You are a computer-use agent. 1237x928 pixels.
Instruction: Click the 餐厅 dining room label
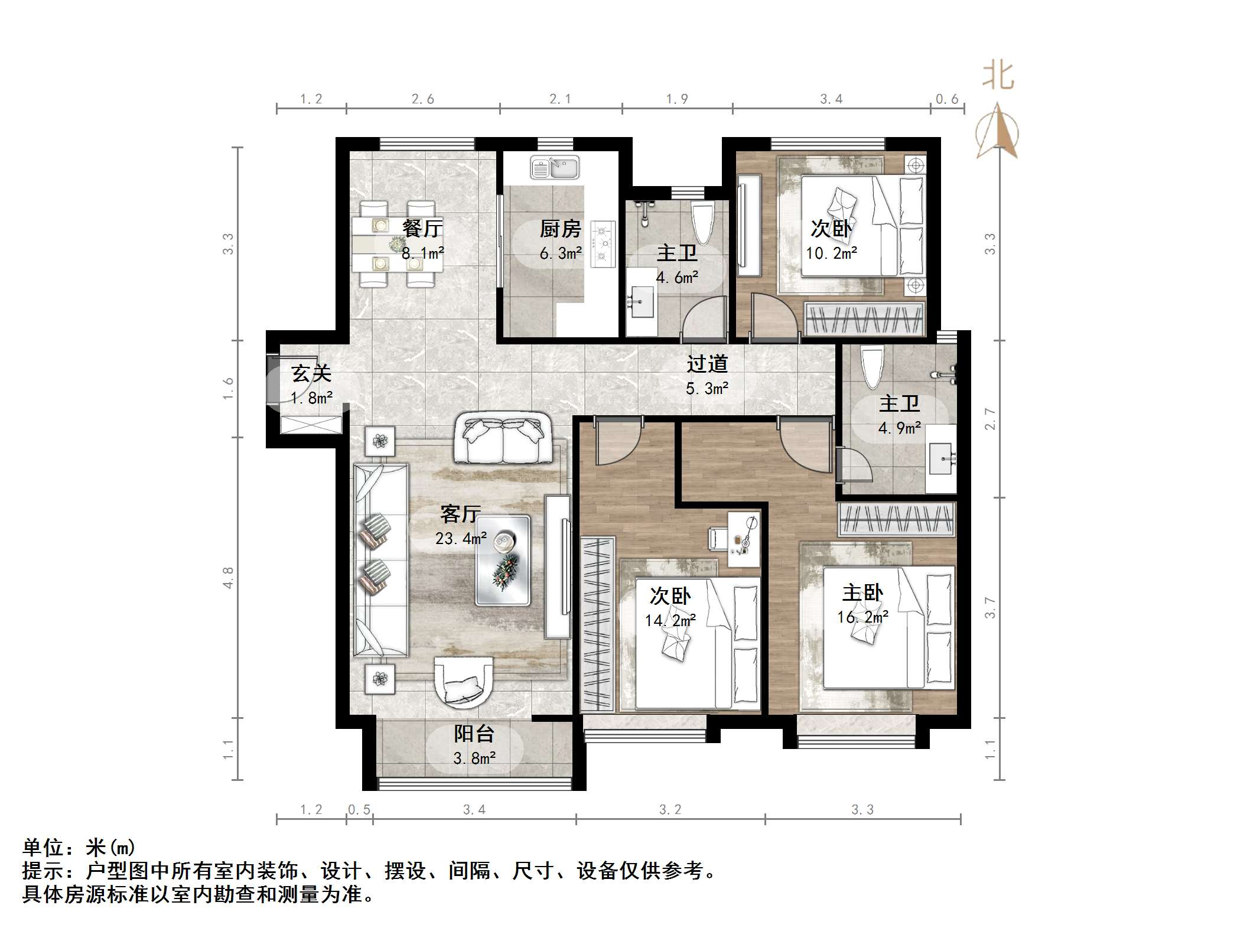click(422, 228)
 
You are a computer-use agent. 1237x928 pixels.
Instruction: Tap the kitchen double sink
click(554, 167)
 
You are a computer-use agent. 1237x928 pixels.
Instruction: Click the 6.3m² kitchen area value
click(561, 254)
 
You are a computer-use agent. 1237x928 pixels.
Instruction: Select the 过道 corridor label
click(707, 364)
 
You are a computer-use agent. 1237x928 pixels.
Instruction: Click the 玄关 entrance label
click(311, 373)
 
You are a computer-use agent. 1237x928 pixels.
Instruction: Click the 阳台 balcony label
click(474, 734)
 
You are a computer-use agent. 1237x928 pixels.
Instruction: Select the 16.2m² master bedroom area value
click(862, 617)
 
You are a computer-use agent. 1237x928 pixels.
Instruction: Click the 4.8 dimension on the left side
click(228, 577)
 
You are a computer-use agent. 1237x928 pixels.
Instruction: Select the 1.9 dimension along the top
click(677, 99)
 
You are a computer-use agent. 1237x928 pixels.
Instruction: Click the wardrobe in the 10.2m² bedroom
click(865, 319)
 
